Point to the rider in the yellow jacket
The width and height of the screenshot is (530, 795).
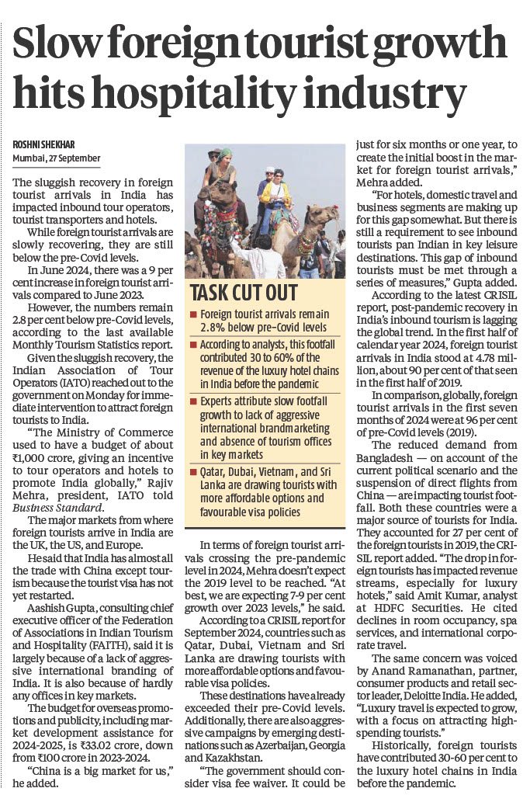coord(276,190)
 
